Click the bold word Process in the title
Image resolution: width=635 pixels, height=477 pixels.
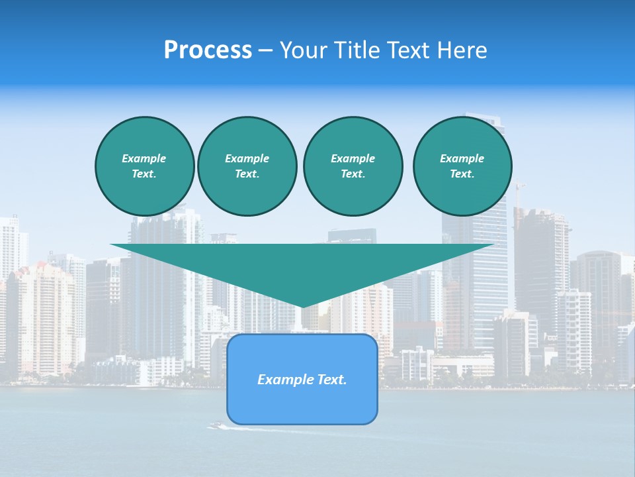coord(208,50)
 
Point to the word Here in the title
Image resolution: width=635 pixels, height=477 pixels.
coord(462,50)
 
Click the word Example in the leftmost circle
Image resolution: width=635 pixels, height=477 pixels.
coord(144,158)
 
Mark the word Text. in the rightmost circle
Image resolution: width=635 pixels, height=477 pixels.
coord(462,174)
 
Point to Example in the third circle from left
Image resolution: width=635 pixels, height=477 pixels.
coord(353,158)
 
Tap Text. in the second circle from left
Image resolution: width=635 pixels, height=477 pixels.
coord(247,174)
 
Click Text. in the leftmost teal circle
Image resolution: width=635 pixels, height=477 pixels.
coord(144,174)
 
